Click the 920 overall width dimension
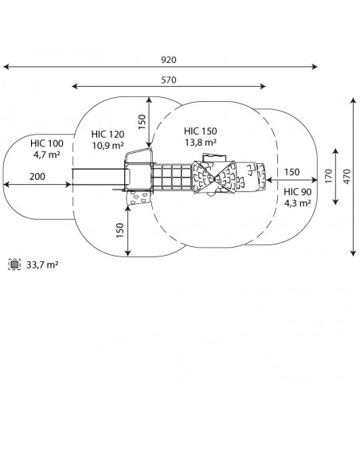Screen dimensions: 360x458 pos(169,60)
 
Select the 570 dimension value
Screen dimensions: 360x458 pos(169,80)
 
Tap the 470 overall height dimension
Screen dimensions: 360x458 pos(346,176)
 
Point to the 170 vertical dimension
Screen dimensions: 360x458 pos(328,176)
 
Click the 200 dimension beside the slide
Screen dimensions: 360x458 pos(37,177)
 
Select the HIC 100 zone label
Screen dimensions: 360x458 pos(47,143)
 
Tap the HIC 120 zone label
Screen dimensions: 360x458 pos(108,135)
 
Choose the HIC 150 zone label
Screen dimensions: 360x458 pos(200,131)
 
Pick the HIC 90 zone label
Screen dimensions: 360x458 pos(298,192)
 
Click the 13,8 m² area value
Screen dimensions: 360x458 pos(200,143)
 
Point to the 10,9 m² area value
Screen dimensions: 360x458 pos(108,145)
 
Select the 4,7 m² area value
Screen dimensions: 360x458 pos(47,155)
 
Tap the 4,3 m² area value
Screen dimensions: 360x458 pos(298,202)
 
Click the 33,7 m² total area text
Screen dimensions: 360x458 pos(42,265)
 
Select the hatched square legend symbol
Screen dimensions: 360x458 pos(14,264)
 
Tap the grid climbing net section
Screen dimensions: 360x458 pos(172,177)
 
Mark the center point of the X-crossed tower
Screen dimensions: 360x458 pos(214,178)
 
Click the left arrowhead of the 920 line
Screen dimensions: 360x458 pos(6,67)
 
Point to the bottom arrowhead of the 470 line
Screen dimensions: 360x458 pos(354,253)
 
